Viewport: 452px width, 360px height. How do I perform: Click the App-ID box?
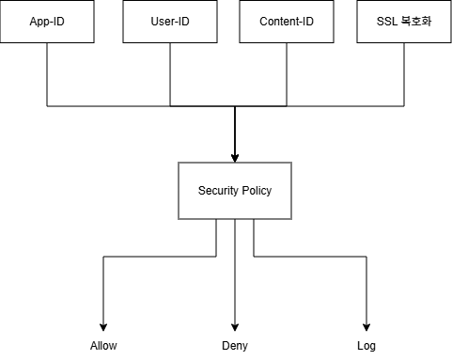pyautogui.click(x=47, y=22)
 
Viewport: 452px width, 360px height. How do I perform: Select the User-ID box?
pyautogui.click(x=170, y=22)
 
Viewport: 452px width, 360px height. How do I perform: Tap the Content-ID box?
pyautogui.click(x=287, y=22)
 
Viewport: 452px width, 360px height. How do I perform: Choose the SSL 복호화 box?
pyautogui.click(x=404, y=22)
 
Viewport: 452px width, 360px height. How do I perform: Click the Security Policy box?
pyautogui.click(x=235, y=191)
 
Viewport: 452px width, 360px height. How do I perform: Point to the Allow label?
pyautogui.click(x=103, y=346)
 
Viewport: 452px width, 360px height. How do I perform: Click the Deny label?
pyautogui.click(x=235, y=346)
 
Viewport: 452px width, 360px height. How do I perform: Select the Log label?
pyautogui.click(x=366, y=346)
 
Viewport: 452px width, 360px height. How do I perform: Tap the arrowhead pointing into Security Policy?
pyautogui.click(x=235, y=158)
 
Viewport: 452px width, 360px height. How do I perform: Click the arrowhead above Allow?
pyautogui.click(x=103, y=327)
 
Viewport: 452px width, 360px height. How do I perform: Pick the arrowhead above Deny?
pyautogui.click(x=235, y=327)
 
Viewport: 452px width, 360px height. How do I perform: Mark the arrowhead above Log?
pyautogui.click(x=366, y=327)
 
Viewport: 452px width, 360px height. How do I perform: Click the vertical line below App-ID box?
pyautogui.click(x=47, y=74)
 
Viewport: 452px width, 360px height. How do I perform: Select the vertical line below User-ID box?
pyautogui.click(x=170, y=74)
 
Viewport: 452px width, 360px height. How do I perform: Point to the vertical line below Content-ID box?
pyautogui.click(x=287, y=74)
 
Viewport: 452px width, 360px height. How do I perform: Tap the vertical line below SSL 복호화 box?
pyautogui.click(x=404, y=74)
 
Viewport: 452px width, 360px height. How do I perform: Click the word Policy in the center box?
pyautogui.click(x=257, y=191)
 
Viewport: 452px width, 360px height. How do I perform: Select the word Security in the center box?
pyautogui.click(x=218, y=191)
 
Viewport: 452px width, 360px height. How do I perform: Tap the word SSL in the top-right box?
pyautogui.click(x=387, y=22)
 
